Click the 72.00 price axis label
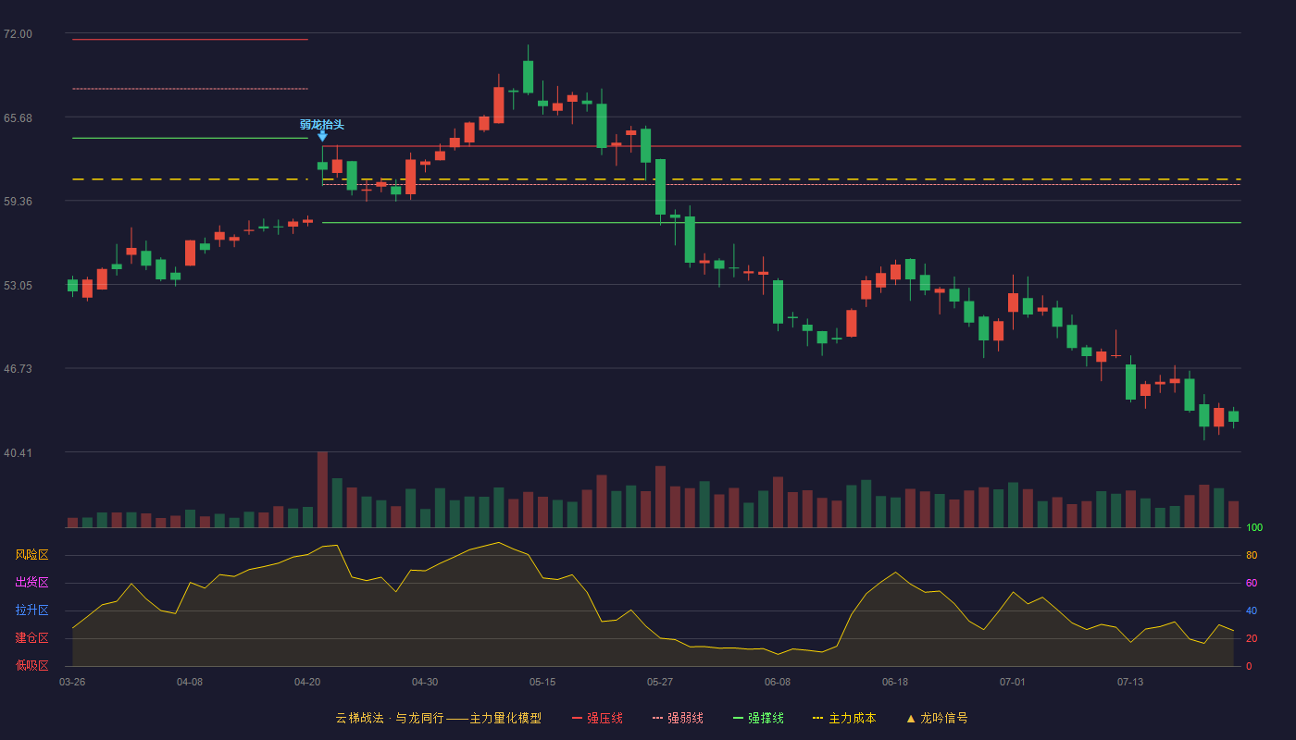[x=18, y=34]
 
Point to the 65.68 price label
[x=18, y=118]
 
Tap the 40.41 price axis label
[x=18, y=452]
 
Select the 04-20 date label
[x=307, y=683]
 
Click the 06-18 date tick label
[x=895, y=683]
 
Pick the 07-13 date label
[x=1130, y=683]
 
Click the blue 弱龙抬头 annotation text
[x=322, y=124]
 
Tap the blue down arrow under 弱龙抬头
[x=322, y=137]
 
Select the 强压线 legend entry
[x=597, y=718]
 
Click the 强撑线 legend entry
[x=758, y=718]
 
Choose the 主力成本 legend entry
[x=844, y=718]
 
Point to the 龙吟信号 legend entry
[x=937, y=718]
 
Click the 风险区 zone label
[x=31, y=555]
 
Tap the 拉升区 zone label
[x=31, y=610]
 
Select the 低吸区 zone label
[x=31, y=665]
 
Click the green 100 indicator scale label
[x=1254, y=527]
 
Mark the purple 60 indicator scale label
[x=1252, y=583]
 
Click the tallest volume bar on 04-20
[x=322, y=489]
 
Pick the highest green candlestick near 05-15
[x=529, y=76]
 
